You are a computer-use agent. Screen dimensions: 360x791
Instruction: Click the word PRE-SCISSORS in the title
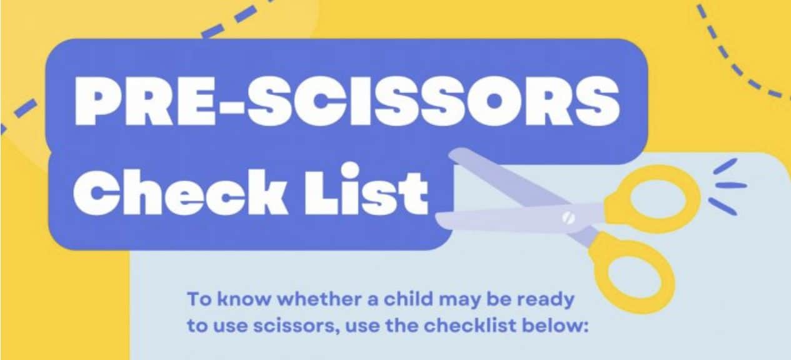(346, 101)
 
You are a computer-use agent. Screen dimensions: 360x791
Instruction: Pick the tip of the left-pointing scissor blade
(439, 218)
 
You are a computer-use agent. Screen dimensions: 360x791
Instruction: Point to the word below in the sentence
(564, 326)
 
